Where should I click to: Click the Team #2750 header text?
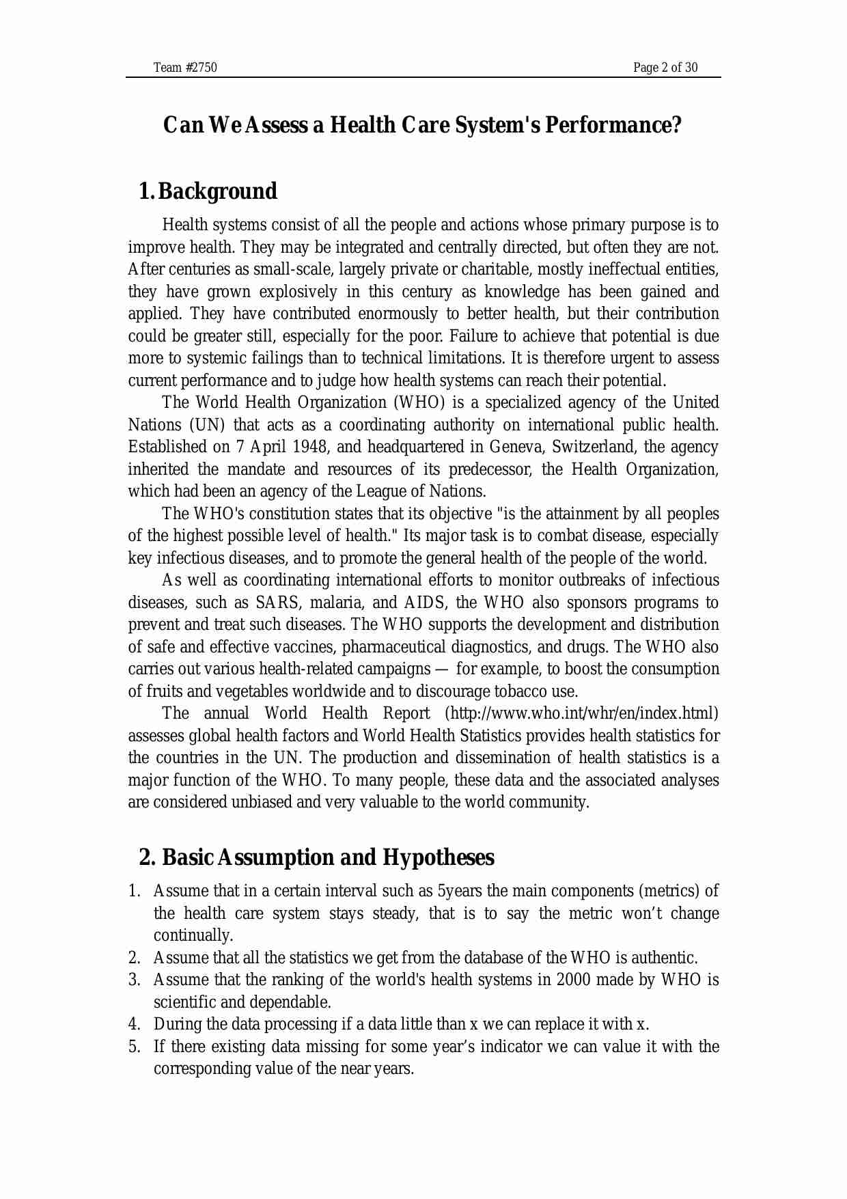pyautogui.click(x=185, y=68)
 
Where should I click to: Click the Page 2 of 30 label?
pyautogui.click(x=665, y=68)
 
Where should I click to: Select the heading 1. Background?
pyautogui.click(x=208, y=191)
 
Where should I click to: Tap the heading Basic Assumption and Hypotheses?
pyautogui.click(x=328, y=857)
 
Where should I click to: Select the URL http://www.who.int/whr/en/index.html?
pyautogui.click(x=581, y=714)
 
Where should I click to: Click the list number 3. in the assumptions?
pyautogui.click(x=135, y=980)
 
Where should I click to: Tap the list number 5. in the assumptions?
pyautogui.click(x=135, y=1047)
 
